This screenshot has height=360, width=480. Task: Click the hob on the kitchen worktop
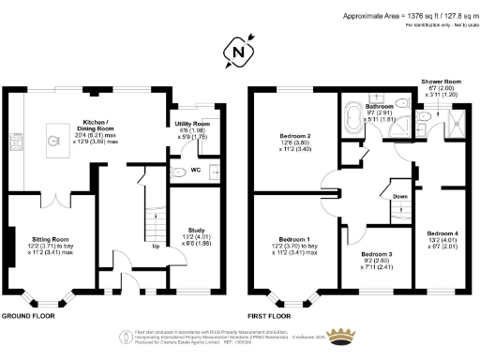coord(15,142)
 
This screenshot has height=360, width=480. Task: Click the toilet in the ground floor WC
coord(179,172)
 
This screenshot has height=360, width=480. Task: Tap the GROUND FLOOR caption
coord(26,317)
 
